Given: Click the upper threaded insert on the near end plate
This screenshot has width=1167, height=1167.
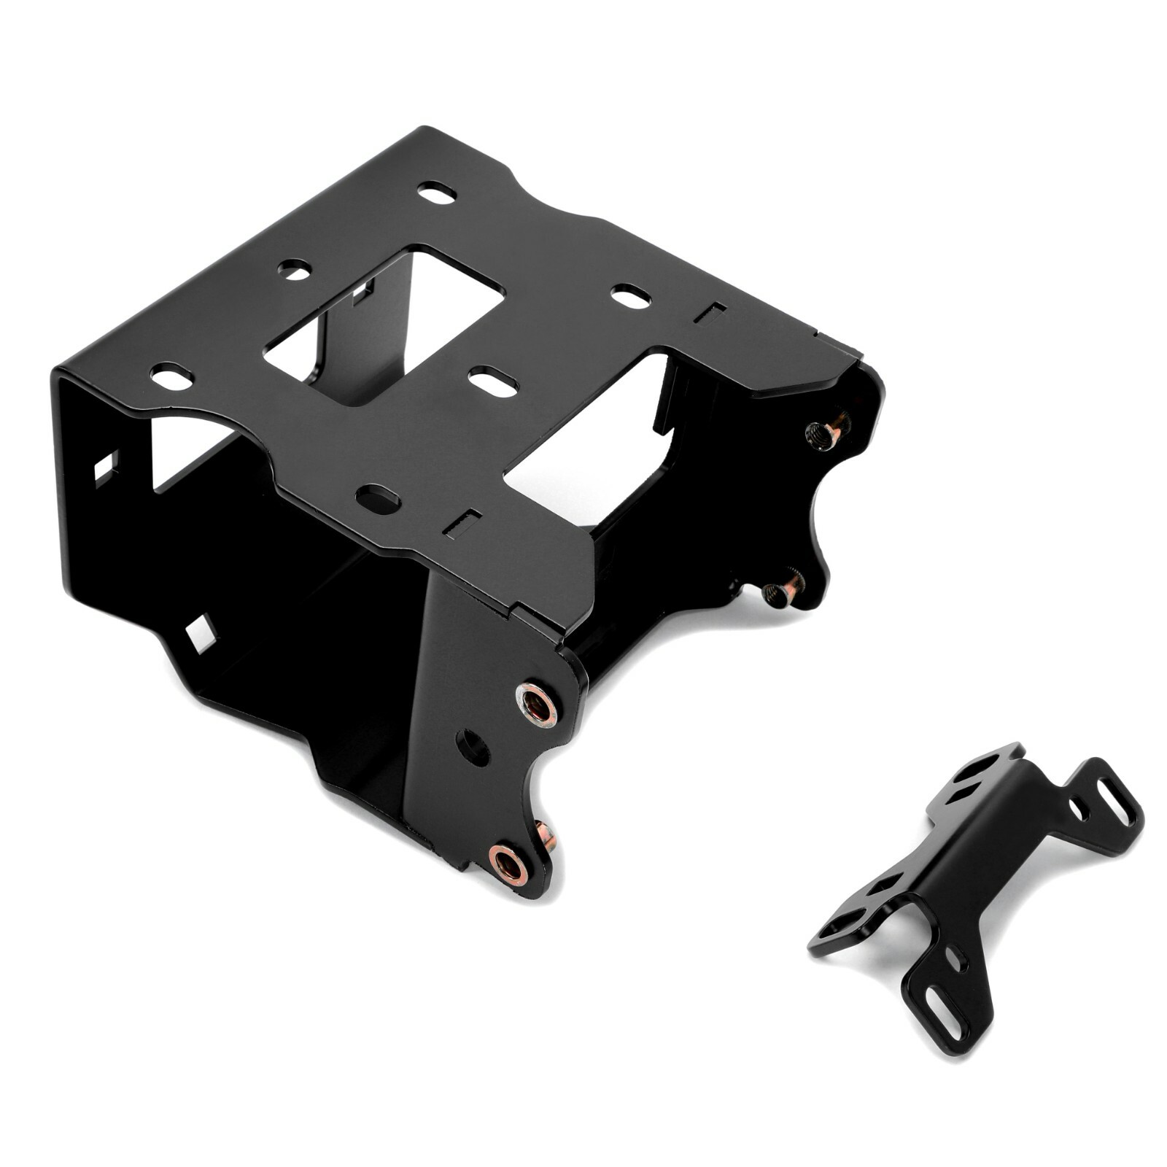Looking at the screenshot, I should click(537, 704).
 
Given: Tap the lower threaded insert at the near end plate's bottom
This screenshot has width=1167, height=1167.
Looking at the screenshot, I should click(509, 864).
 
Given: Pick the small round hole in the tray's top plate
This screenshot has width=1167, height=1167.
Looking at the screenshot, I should click(294, 270).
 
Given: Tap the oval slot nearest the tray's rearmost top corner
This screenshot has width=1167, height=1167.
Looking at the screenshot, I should click(437, 193).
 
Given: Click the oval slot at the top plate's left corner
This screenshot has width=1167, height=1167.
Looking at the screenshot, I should click(171, 378).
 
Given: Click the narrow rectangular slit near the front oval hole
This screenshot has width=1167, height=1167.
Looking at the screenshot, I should click(463, 522).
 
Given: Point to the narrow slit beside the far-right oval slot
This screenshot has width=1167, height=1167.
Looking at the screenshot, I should click(709, 313).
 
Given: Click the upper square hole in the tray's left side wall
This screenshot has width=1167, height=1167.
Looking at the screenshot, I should click(106, 468).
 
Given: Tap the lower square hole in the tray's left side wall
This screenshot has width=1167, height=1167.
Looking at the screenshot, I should click(201, 632).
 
